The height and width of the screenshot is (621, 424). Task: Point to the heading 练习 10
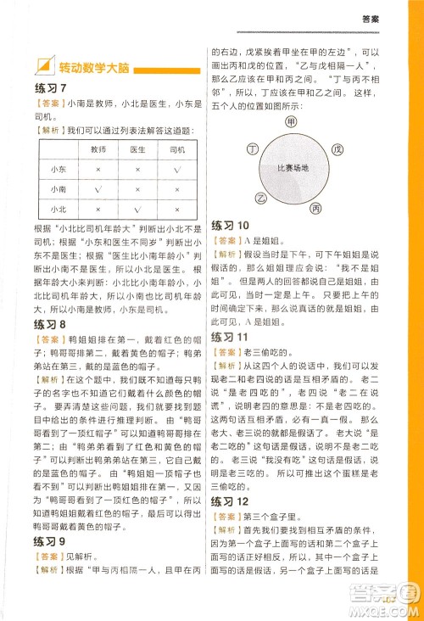[x=232, y=226]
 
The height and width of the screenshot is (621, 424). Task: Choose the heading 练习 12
[x=232, y=503]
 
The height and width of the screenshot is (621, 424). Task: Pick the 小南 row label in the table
[x=58, y=188]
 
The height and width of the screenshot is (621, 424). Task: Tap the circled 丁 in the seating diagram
[x=252, y=149]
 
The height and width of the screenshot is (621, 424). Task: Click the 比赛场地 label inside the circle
[x=293, y=167]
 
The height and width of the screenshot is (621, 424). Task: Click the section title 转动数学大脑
[x=87, y=67]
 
